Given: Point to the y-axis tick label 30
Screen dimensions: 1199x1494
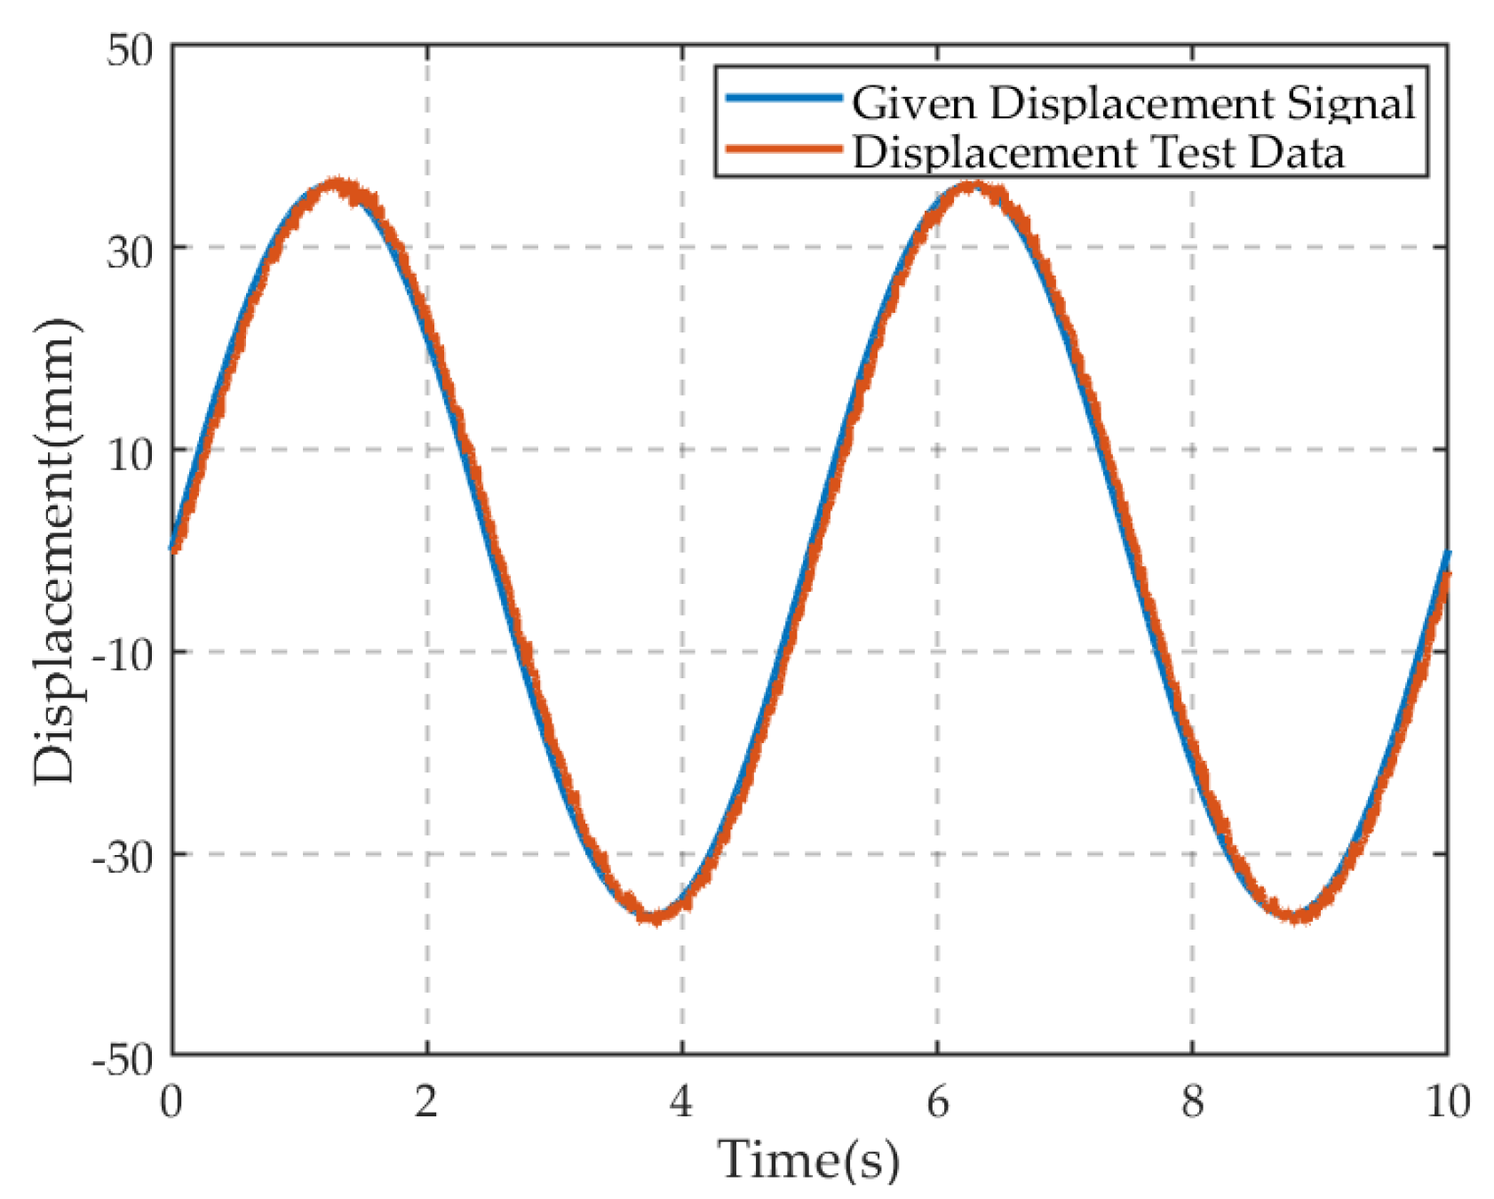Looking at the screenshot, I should tap(130, 252).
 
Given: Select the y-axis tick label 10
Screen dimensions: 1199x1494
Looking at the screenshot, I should tap(130, 455).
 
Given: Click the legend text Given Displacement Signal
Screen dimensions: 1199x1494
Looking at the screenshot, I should tap(1133, 103).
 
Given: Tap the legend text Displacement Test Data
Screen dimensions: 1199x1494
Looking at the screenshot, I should tap(1098, 152).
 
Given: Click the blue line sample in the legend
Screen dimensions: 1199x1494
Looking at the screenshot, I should tap(783, 98).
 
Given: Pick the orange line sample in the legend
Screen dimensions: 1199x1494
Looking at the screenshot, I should tap(783, 148).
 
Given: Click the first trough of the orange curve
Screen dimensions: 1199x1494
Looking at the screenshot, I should tap(656, 916).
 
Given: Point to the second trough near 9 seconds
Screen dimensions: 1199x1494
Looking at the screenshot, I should tap(1299, 915).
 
